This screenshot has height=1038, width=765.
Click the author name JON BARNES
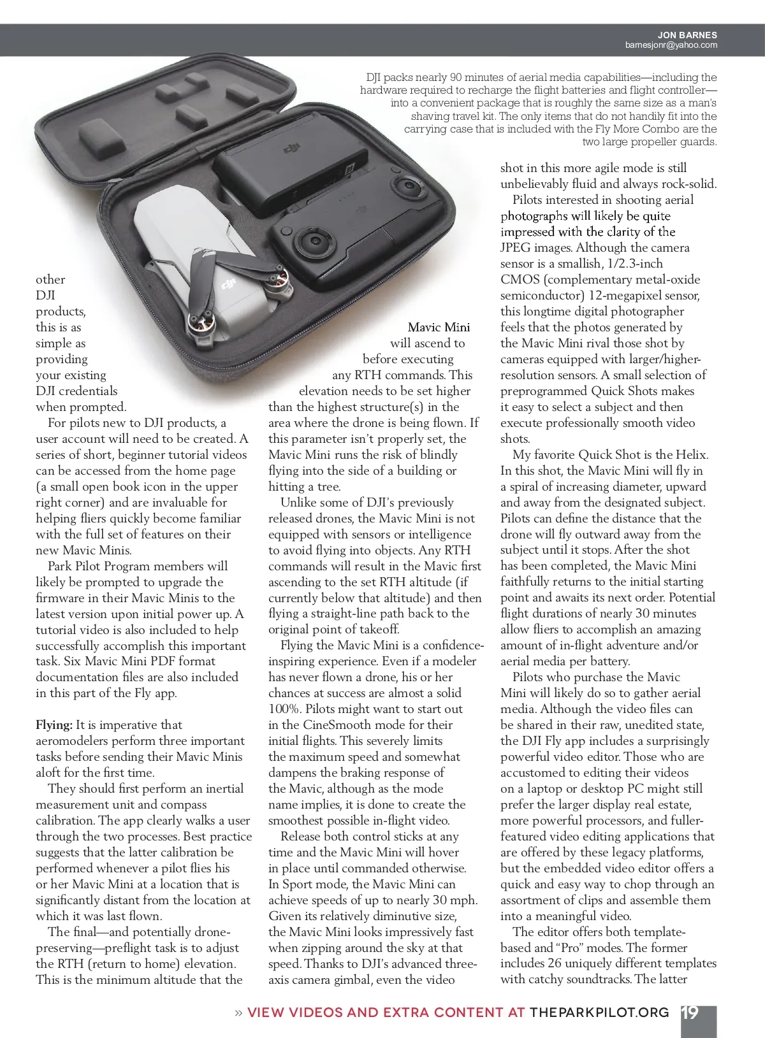[687, 35]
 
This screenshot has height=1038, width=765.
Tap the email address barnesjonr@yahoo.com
[671, 45]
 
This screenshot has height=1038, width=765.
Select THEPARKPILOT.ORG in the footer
[599, 1013]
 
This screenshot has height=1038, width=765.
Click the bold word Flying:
[54, 725]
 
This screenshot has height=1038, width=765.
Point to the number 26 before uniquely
[553, 964]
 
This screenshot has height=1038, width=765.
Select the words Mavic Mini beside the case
[439, 328]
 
